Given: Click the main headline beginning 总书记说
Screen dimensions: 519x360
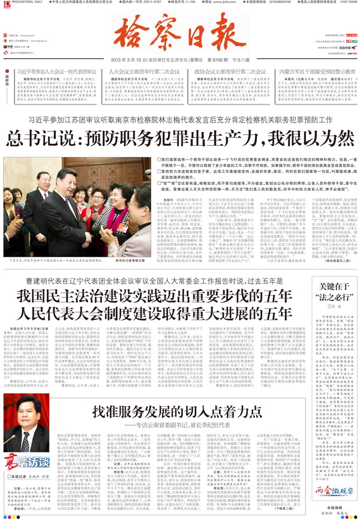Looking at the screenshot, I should click(x=179, y=139).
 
